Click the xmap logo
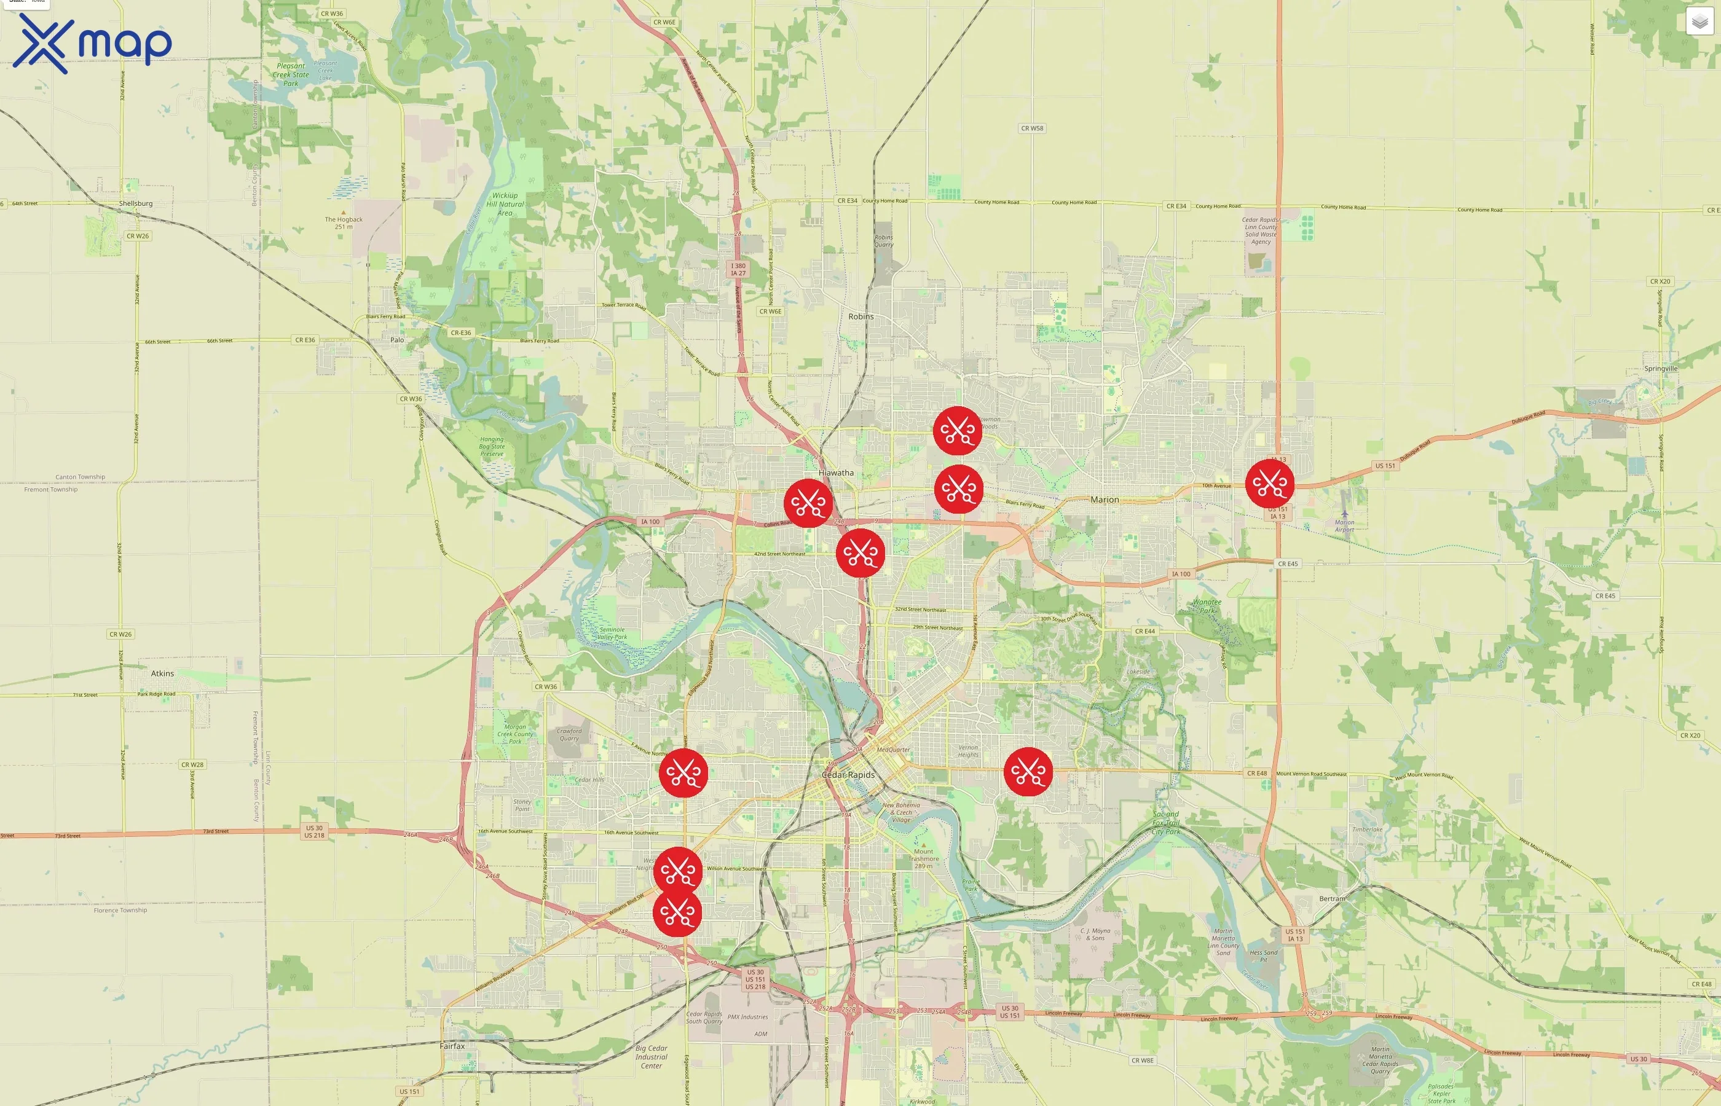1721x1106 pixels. click(92, 43)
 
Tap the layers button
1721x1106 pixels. click(1699, 22)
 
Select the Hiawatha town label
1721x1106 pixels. click(836, 473)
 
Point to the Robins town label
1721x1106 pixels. click(860, 316)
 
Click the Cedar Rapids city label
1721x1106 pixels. click(848, 775)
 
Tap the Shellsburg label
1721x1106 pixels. click(136, 203)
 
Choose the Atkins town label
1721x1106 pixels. click(162, 673)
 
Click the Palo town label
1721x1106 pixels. click(397, 340)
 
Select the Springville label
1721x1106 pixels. click(1661, 369)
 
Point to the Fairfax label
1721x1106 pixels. click(452, 1046)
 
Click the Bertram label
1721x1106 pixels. click(1332, 898)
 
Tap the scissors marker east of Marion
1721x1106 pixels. click(1269, 484)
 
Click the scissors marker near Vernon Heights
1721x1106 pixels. click(1028, 772)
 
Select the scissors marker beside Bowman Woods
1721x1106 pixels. click(958, 430)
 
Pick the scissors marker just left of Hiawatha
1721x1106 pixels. click(808, 503)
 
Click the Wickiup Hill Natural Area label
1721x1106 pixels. click(505, 204)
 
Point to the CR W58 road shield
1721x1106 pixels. click(1032, 128)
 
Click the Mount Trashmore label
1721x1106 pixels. click(923, 858)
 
